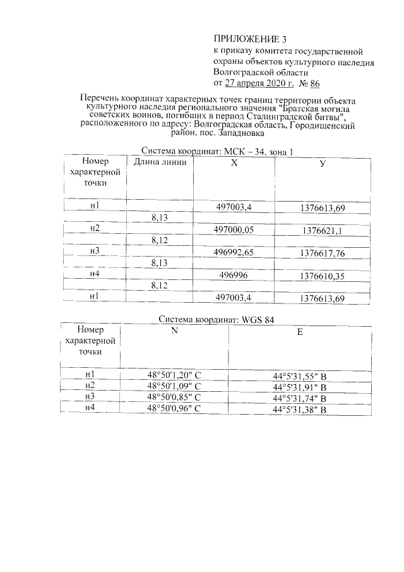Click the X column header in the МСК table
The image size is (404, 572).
(234, 162)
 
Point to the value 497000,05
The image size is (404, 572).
(234, 230)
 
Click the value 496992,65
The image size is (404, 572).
(234, 253)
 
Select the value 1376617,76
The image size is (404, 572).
(323, 253)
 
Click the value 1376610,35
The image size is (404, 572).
(323, 276)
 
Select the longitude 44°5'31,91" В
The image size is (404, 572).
(299, 388)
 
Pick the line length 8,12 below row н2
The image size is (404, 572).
(159, 241)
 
